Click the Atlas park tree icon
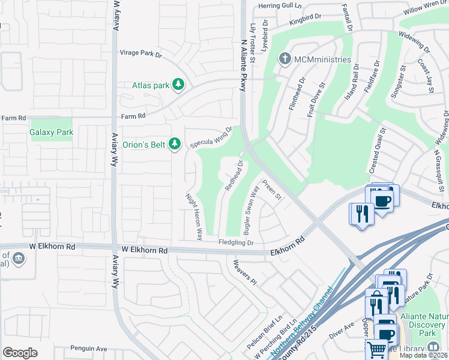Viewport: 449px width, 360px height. coord(178,85)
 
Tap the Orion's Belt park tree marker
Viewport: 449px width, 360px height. coord(175,144)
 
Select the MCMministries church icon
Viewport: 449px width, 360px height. coord(285,59)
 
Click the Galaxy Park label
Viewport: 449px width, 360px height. coord(51,131)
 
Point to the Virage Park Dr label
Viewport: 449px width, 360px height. coord(141,54)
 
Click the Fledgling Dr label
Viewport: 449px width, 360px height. coord(236,243)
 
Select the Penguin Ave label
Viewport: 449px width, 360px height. coord(88,348)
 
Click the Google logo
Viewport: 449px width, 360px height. coord(20,352)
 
